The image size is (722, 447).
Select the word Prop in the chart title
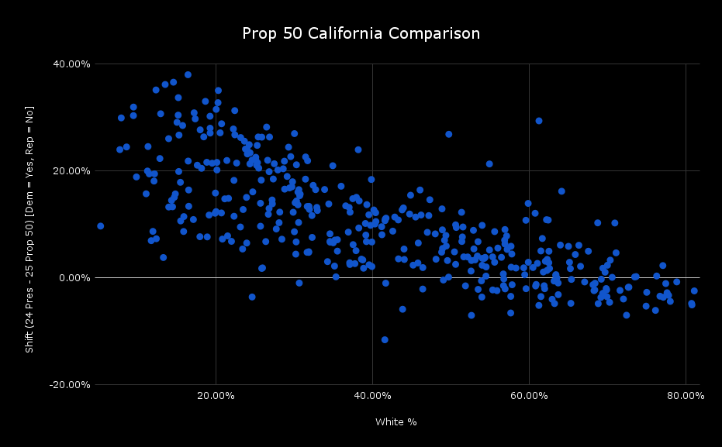[x=258, y=34]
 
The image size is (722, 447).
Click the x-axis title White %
[x=396, y=422]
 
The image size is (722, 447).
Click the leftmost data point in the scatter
[x=100, y=226]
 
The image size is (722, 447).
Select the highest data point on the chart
[x=188, y=75]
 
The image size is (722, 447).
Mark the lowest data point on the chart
[x=384, y=339]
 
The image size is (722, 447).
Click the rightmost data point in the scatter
[x=694, y=291]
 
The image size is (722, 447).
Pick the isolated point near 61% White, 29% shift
[x=538, y=121]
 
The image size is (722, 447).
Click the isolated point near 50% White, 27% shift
[x=448, y=134]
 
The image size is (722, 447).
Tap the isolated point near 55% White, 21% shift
[x=489, y=164]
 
